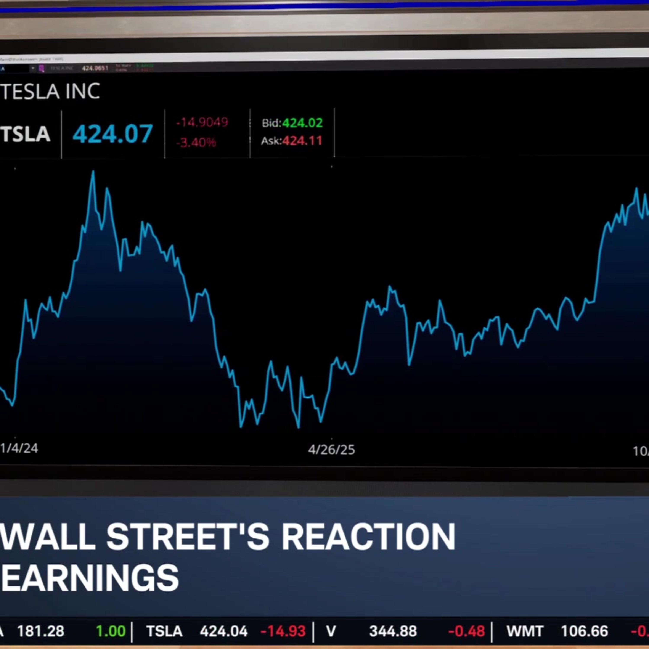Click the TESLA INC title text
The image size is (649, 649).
coord(50,91)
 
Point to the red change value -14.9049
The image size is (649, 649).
coord(202,122)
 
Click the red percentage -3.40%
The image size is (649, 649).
coord(196,142)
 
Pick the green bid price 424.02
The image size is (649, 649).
coord(302,123)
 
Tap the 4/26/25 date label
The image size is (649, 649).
coord(331,450)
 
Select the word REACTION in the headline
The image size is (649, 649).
coord(368,537)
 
